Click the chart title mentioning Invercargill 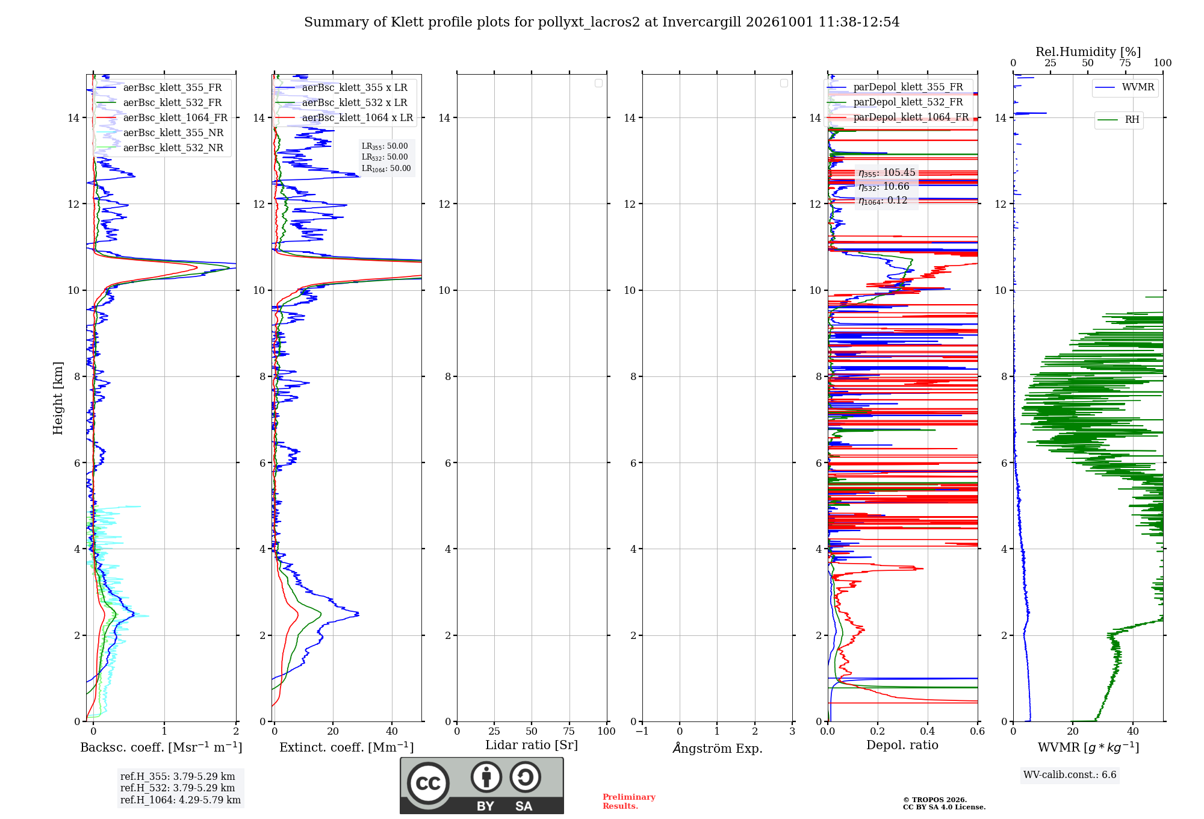coord(601,22)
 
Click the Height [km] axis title coord(58,398)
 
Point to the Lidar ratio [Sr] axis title coord(532,746)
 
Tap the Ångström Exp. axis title coord(718,748)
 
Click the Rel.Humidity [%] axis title coord(1088,52)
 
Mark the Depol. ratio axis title coord(902,746)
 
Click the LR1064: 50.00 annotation coord(386,169)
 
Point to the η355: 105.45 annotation coord(887,173)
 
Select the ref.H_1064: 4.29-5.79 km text coord(181,800)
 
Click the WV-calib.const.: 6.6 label coord(1070,775)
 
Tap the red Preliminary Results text coord(629,802)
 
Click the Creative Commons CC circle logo coord(428,783)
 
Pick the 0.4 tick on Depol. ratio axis coord(928,732)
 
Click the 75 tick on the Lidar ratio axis coord(569,732)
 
